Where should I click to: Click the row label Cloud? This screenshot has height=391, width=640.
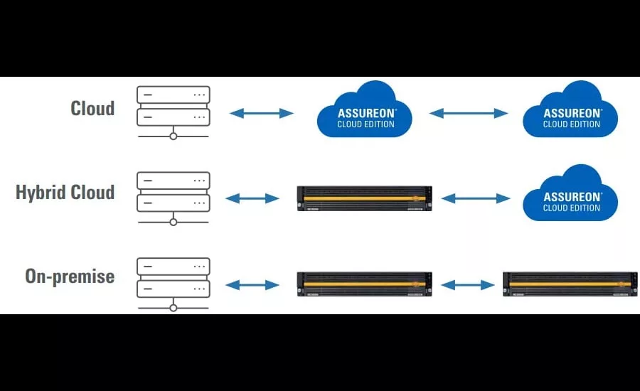(x=92, y=108)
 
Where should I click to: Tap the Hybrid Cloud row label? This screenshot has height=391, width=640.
(x=65, y=193)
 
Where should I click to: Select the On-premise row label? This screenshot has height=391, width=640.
(x=70, y=276)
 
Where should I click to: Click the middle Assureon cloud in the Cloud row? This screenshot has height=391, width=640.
(x=364, y=112)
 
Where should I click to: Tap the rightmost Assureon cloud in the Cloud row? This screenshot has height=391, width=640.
(x=571, y=112)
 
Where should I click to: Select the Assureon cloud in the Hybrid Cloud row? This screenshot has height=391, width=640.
(x=571, y=196)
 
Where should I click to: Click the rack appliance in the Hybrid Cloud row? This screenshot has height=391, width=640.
(x=365, y=198)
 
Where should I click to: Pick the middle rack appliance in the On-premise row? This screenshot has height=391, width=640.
(x=365, y=284)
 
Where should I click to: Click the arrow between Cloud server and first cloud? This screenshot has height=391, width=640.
(x=261, y=113)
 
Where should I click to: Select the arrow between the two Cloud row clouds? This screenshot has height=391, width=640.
(x=469, y=113)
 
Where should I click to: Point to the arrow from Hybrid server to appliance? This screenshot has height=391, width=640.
(x=252, y=198)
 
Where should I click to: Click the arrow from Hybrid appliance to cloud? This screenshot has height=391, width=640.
(x=476, y=198)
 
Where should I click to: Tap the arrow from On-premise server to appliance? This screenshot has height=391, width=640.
(x=252, y=285)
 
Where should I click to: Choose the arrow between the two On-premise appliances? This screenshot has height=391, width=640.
(x=467, y=285)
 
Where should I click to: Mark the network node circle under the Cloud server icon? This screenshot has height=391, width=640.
(x=173, y=136)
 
